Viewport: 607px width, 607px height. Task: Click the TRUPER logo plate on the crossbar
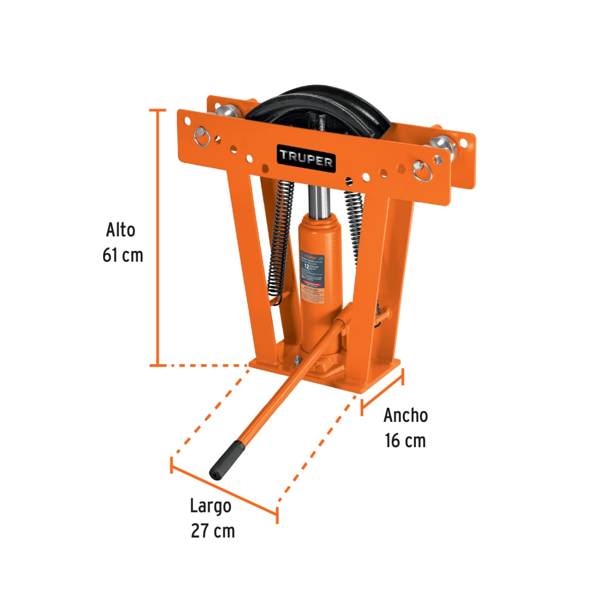pos(306,158)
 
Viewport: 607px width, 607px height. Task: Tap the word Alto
pos(120,230)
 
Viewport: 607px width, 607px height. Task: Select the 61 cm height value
pos(122,255)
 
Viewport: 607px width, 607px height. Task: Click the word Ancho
pos(405,415)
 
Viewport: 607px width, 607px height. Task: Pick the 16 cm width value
pos(405,441)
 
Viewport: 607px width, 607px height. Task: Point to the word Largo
pos(210,505)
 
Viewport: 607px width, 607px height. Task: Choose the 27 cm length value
pos(212,531)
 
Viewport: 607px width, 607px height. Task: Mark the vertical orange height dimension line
pos(158,238)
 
